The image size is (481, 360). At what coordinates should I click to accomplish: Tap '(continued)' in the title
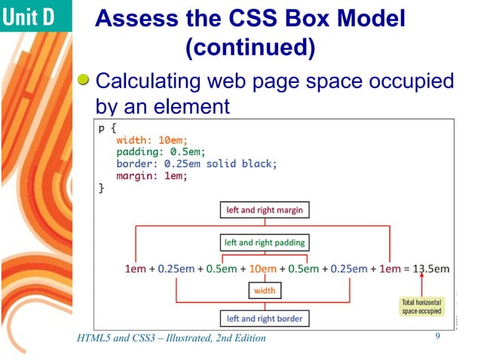tap(250, 48)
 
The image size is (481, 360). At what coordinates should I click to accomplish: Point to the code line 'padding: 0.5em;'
tap(155, 151)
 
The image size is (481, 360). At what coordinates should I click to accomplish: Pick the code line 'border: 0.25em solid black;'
tap(197, 163)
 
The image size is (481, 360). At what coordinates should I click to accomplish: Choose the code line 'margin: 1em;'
tap(151, 175)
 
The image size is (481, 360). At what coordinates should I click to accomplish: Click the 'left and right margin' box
tap(264, 210)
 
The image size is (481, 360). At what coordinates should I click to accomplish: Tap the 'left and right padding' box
tap(264, 243)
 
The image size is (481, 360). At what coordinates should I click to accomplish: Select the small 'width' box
tap(265, 290)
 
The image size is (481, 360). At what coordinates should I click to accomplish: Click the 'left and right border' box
tap(264, 319)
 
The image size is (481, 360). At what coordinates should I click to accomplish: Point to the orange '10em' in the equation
tap(262, 268)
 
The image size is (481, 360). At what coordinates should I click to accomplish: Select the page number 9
tap(437, 336)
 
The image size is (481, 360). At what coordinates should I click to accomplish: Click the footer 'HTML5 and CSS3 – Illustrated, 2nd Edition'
tap(171, 338)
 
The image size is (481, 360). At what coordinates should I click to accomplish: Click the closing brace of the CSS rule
tap(102, 188)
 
